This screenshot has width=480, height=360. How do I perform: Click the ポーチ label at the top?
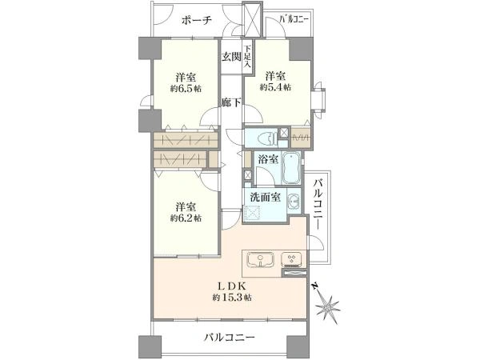[195, 21]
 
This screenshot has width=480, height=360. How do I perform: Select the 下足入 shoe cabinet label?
[249, 54]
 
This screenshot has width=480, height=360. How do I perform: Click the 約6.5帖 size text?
[186, 90]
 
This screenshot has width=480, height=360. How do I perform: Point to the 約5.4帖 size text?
[276, 86]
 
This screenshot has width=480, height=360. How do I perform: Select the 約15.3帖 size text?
[232, 298]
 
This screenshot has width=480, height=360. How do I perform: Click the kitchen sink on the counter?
[262, 259]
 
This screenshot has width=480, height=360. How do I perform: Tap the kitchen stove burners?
[292, 258]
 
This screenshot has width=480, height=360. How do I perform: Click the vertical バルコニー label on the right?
[318, 206]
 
